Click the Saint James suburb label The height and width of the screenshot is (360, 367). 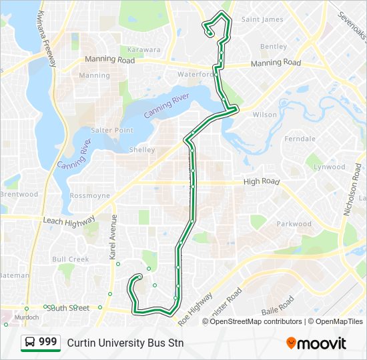262,19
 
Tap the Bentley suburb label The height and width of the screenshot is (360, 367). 274,47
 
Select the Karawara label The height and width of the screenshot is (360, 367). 144,49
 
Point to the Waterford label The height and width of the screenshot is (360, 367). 196,75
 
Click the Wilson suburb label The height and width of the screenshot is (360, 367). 265,115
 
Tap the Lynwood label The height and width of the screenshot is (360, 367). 330,167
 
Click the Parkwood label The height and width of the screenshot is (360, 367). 294,224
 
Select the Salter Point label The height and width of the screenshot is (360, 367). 112,130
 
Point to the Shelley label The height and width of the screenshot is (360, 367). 141,150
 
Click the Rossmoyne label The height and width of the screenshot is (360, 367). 89,196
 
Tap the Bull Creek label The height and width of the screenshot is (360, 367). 71,259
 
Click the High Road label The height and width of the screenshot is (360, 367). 262,181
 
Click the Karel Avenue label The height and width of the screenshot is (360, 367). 113,237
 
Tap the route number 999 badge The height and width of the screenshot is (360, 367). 41,343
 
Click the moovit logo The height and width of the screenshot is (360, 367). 316,343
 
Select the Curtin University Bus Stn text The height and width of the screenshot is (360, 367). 125,343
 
